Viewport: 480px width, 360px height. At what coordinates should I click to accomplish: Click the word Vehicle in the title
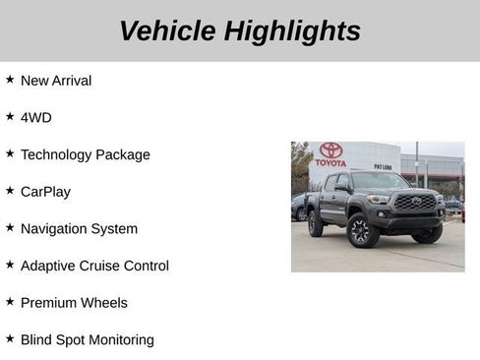[166, 30]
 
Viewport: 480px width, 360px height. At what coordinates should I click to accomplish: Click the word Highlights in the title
[292, 30]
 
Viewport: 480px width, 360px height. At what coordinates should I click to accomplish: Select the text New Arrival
[56, 81]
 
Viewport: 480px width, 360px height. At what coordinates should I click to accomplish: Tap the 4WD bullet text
[36, 118]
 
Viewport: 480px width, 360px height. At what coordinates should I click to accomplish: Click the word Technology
[60, 154]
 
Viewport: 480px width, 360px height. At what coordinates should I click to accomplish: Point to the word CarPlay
[45, 192]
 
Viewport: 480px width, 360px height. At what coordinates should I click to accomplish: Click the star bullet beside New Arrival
[10, 79]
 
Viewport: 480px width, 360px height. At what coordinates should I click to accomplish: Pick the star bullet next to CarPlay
[10, 190]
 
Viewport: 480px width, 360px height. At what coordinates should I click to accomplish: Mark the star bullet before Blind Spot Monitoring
[10, 338]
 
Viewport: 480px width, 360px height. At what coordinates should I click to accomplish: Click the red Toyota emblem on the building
[331, 150]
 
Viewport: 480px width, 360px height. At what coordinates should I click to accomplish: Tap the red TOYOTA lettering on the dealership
[331, 162]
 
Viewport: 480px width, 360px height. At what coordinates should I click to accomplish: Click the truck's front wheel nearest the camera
[360, 232]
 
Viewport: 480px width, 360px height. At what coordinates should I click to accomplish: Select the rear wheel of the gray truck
[316, 224]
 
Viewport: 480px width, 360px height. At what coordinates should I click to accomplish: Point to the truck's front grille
[414, 202]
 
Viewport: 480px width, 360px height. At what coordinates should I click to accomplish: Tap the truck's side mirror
[342, 188]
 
